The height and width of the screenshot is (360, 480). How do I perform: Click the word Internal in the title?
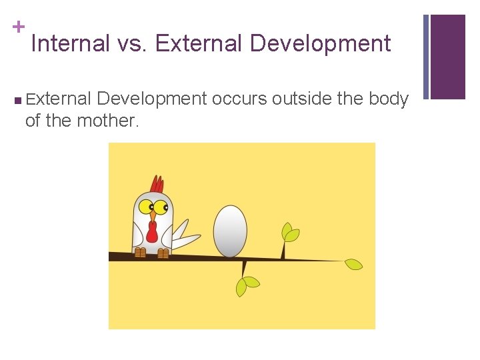70,44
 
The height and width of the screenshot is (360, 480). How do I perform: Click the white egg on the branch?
230,231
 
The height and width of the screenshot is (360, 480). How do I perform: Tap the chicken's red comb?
157,183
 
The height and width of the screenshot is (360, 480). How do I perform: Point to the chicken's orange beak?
153,215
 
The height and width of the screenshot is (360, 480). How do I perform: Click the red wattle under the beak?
152,231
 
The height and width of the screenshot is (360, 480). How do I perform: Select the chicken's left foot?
140,253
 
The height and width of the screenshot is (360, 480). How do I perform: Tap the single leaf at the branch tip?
353,264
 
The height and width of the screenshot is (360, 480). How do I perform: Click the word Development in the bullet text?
152,99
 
